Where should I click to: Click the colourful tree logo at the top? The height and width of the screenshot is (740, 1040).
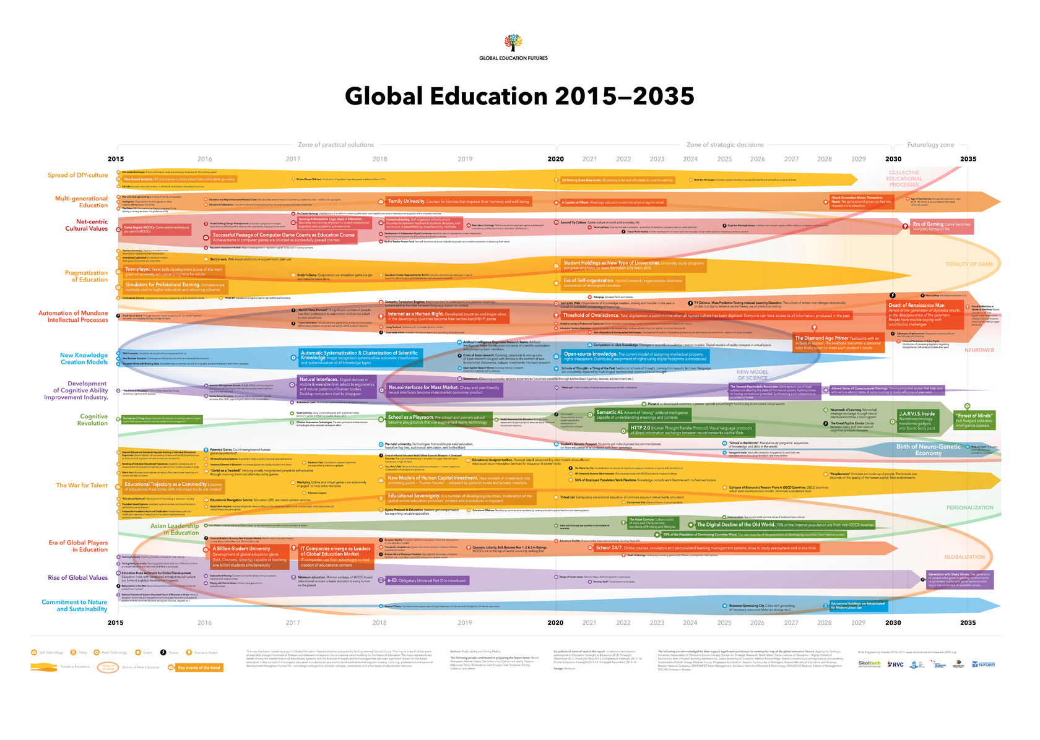(x=513, y=43)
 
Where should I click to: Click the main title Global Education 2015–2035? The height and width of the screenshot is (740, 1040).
(x=519, y=96)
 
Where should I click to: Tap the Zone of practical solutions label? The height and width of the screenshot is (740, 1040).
(x=336, y=145)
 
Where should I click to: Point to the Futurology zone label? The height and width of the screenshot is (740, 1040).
(x=930, y=145)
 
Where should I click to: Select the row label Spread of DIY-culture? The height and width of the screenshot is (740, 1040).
(x=77, y=175)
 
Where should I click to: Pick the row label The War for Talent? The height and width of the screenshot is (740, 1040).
(x=82, y=486)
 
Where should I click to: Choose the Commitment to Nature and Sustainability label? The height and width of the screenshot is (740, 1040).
(x=74, y=606)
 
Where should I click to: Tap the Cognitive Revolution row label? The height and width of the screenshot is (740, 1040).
(x=92, y=420)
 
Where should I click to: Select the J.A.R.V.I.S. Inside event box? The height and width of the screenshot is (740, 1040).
(x=918, y=420)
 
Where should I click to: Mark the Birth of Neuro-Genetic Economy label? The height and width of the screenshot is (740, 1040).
(x=928, y=450)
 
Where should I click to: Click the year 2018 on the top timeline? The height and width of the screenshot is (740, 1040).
(x=379, y=159)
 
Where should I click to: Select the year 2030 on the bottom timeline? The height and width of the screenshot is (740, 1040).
(x=893, y=623)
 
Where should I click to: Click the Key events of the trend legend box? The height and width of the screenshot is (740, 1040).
(x=199, y=668)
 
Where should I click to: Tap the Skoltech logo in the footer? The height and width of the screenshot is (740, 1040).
(x=869, y=664)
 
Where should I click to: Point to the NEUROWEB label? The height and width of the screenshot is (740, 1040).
(x=979, y=350)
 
